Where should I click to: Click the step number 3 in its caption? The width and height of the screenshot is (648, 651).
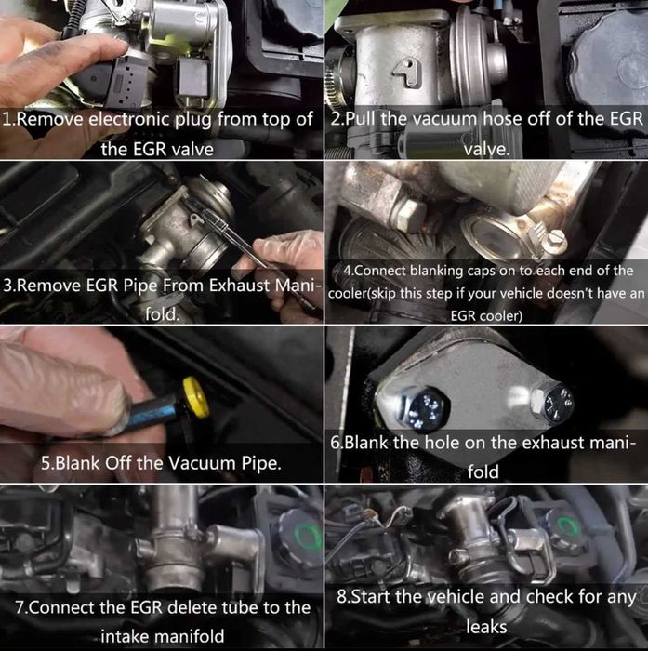pos(9,286)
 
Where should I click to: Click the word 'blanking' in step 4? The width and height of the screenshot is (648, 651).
pos(437,271)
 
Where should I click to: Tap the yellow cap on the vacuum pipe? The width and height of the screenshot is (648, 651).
pos(194,394)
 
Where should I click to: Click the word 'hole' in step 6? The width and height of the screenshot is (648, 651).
pos(441,444)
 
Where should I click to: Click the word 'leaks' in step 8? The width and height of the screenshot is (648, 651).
pos(486,629)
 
